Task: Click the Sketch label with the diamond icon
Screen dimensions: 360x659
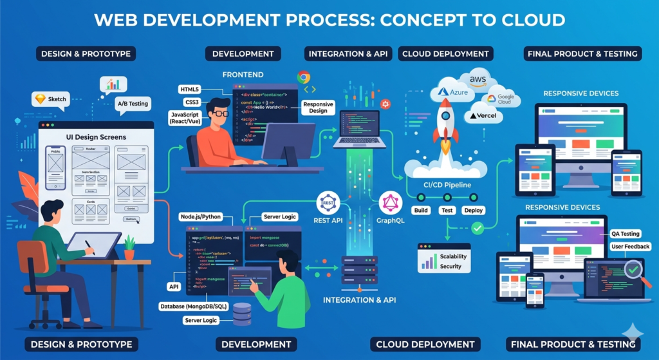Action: (x=50, y=100)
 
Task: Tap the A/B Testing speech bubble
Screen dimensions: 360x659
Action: (x=133, y=103)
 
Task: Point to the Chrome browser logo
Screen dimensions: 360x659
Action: (x=304, y=77)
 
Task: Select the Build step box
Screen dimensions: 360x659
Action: (x=421, y=211)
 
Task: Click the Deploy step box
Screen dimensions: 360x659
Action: (x=473, y=211)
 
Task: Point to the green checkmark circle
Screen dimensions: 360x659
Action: (x=477, y=227)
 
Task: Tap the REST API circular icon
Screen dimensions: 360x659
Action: (x=327, y=204)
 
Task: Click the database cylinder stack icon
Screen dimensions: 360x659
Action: (x=242, y=314)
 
